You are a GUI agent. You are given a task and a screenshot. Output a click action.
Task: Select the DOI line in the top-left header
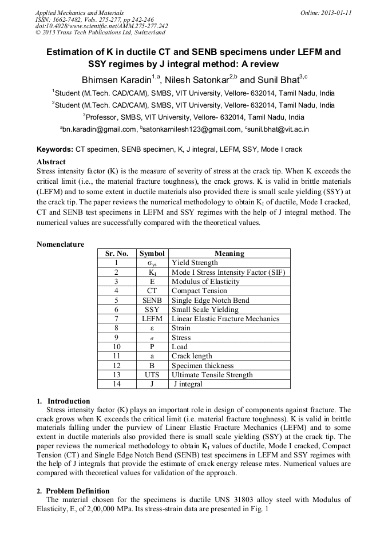coord(101,26)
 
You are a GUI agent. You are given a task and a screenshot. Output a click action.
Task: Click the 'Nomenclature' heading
coord(60,244)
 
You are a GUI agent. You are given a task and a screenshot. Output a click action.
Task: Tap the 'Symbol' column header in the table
coord(152,254)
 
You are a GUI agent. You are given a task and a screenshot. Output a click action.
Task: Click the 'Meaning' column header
coord(229,254)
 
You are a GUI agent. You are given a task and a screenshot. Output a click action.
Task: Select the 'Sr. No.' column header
coord(116,254)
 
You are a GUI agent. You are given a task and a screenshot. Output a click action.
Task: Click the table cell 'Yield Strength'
coord(195,263)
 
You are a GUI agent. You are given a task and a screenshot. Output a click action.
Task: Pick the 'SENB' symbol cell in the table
coord(152,300)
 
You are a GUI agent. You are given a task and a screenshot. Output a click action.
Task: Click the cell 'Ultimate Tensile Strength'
coord(212,375)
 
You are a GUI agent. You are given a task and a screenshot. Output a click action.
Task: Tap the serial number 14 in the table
coord(116,384)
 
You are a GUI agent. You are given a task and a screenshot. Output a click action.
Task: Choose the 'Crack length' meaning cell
coord(192,356)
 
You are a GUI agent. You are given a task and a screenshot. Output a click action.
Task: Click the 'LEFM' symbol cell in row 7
coord(152,319)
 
